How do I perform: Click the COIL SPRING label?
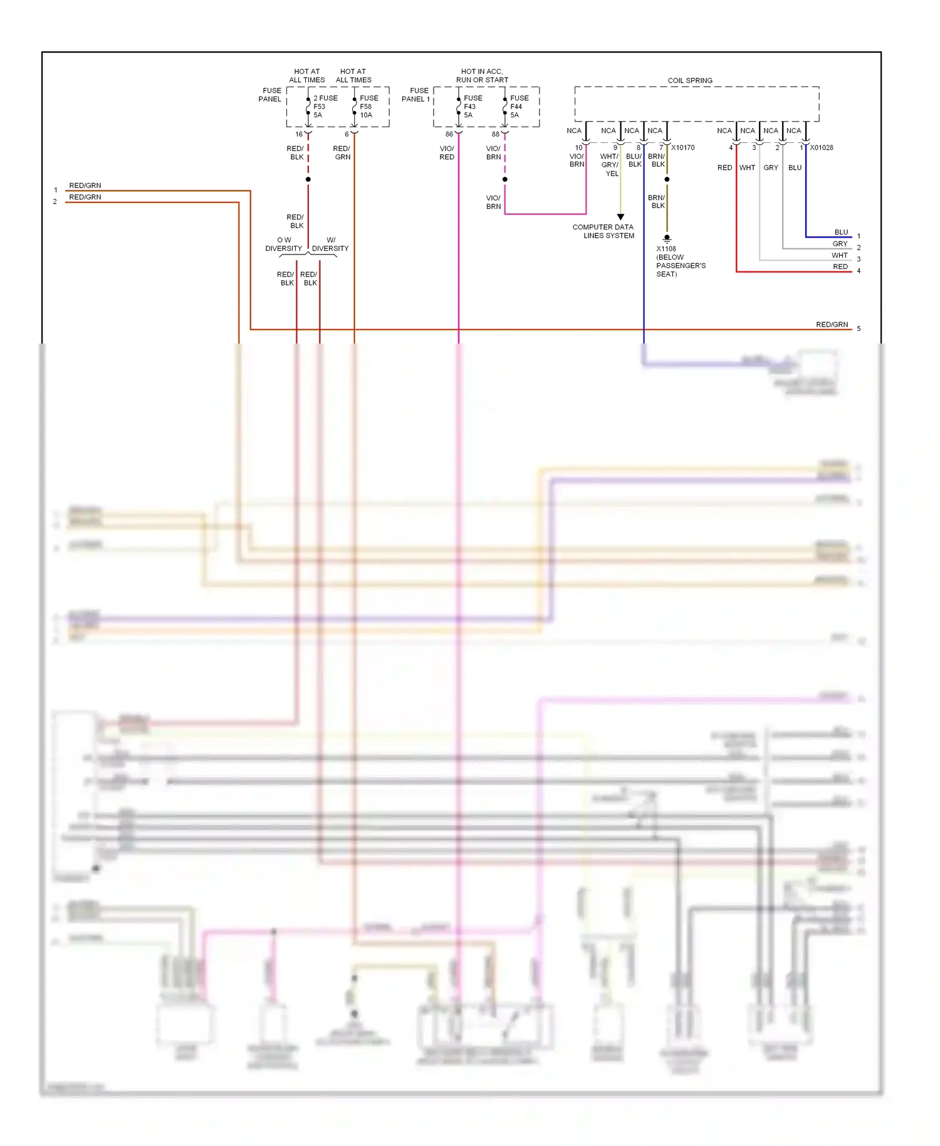pyautogui.click(x=689, y=80)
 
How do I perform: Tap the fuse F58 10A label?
pyautogui.click(x=368, y=107)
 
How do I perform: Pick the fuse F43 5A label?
pyautogui.click(x=472, y=107)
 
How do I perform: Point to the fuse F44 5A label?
pyautogui.click(x=518, y=107)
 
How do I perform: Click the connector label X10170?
pyautogui.click(x=682, y=148)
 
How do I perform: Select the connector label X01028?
pyautogui.click(x=821, y=148)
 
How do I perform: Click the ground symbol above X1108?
pyautogui.click(x=667, y=238)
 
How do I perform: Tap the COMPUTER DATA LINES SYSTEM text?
pyautogui.click(x=603, y=231)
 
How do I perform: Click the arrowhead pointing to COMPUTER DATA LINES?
pyautogui.click(x=620, y=217)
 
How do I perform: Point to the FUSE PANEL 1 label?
pyautogui.click(x=416, y=95)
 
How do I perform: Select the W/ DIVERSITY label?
pyautogui.click(x=330, y=244)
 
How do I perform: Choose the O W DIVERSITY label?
pyautogui.click(x=283, y=244)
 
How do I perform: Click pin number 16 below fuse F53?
pyautogui.click(x=299, y=134)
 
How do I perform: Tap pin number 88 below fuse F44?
pyautogui.click(x=496, y=134)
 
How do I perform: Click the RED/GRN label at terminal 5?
pyautogui.click(x=832, y=324)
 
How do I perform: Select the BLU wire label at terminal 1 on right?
pyautogui.click(x=841, y=232)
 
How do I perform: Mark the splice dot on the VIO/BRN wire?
pyautogui.click(x=504, y=179)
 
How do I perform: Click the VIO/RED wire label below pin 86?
pyautogui.click(x=447, y=153)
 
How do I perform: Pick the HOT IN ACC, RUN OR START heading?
pyautogui.click(x=482, y=76)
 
